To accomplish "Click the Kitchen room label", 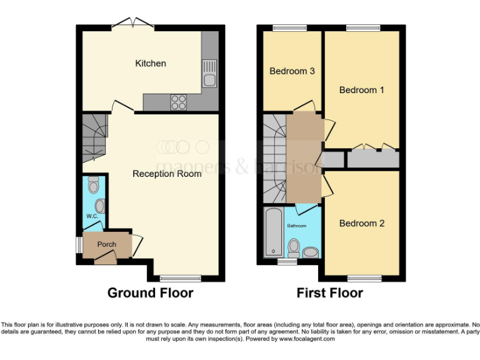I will (x=151, y=63).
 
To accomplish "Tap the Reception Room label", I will (x=167, y=173).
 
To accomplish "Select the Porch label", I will (x=106, y=244).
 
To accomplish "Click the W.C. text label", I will (x=92, y=216).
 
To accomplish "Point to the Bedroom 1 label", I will (x=361, y=90).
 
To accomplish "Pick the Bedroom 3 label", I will (x=291, y=71).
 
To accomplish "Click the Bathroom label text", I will (x=296, y=226).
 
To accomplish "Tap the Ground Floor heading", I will (x=150, y=292).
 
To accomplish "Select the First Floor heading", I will (x=329, y=292).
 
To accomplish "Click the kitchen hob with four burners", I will (x=178, y=101).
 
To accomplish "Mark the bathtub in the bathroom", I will (x=272, y=233).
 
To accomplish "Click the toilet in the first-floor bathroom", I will (x=293, y=247).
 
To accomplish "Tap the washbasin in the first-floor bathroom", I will (x=311, y=251).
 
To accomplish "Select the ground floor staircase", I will (x=94, y=136).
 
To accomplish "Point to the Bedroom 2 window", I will (x=364, y=278).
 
